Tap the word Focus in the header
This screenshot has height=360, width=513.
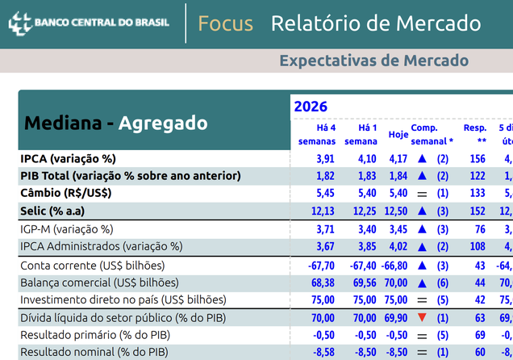pyautogui.click(x=225, y=23)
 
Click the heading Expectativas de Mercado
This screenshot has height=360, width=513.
pyautogui.click(x=373, y=61)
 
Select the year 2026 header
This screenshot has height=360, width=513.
pyautogui.click(x=311, y=107)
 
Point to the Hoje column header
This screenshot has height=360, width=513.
pyautogui.click(x=398, y=134)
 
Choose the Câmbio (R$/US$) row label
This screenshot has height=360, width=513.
pyautogui.click(x=66, y=193)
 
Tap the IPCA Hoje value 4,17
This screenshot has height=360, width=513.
pyautogui.click(x=398, y=159)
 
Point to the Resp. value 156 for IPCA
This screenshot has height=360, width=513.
pyautogui.click(x=478, y=159)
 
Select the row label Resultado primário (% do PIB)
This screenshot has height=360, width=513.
pyautogui.click(x=95, y=335)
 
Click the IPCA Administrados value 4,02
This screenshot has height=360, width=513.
pyautogui.click(x=398, y=246)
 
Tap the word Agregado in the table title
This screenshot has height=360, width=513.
pyautogui.click(x=163, y=123)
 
